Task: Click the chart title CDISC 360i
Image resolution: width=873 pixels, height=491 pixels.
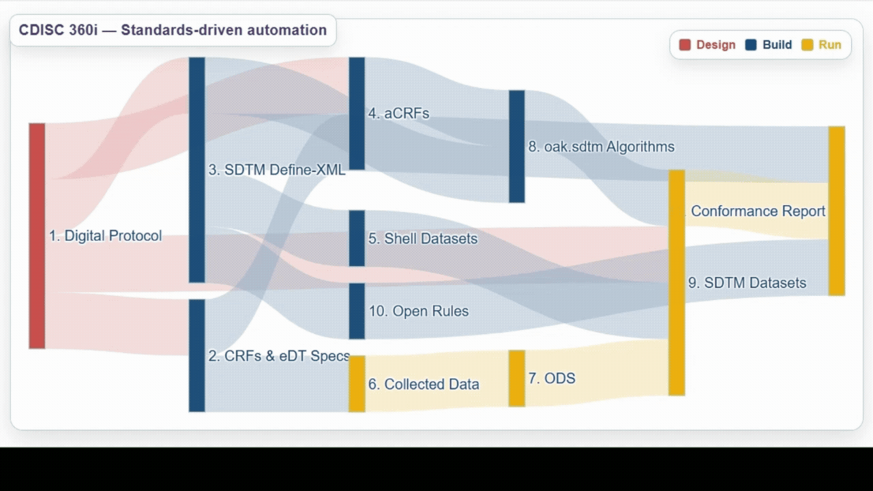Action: (173, 30)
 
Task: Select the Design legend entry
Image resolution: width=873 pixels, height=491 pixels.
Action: (707, 45)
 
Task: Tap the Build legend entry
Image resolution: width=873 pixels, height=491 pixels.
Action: (769, 45)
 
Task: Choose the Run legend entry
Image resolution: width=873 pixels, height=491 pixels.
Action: (822, 45)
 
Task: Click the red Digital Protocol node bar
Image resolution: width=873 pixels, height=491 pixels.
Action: (37, 235)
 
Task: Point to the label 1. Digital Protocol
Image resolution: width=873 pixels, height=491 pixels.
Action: (105, 236)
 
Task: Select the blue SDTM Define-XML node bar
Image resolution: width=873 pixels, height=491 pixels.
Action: (196, 169)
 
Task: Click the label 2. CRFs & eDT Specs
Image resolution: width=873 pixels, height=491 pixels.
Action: (278, 356)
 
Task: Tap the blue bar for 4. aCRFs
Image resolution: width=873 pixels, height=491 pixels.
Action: (357, 113)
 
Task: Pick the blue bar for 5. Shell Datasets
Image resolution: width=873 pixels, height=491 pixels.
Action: (357, 238)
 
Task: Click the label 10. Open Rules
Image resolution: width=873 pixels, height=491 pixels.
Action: (418, 311)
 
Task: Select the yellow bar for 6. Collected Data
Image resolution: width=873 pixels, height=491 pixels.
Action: (357, 384)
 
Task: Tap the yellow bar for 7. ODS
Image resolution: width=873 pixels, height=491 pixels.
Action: (516, 378)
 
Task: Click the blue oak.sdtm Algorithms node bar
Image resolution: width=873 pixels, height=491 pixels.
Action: (516, 146)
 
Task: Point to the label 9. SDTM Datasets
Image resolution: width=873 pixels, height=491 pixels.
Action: (747, 283)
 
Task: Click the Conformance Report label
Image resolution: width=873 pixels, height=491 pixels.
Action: (758, 211)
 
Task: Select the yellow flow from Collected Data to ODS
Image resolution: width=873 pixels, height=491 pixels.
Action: (436, 382)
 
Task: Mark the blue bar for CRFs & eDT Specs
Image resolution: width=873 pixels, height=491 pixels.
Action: (196, 355)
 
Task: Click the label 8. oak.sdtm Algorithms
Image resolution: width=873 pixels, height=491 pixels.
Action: (601, 147)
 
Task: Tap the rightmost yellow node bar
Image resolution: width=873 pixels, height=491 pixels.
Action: (836, 211)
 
